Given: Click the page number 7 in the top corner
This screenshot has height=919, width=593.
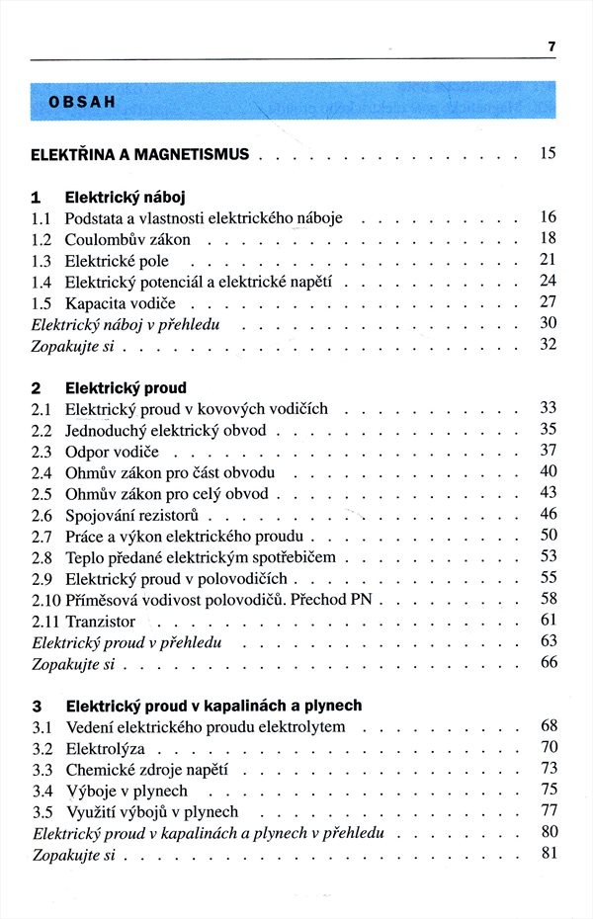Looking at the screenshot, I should click(551, 46).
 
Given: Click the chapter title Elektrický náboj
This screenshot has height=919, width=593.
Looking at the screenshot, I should click(126, 197).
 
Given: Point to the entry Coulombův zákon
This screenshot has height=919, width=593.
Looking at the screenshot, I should click(127, 239).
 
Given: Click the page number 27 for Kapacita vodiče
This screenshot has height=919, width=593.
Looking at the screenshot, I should click(549, 301).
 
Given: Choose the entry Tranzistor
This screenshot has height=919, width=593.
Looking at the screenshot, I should click(100, 622).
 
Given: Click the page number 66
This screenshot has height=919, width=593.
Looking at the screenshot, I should click(549, 662).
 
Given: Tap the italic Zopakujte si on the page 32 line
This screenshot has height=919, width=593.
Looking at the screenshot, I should click(73, 346).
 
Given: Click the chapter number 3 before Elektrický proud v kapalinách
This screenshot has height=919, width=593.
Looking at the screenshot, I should click(37, 707).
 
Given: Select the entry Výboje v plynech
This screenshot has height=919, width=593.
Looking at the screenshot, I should click(126, 791).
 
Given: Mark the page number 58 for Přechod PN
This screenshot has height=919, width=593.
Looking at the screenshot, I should click(549, 598).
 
